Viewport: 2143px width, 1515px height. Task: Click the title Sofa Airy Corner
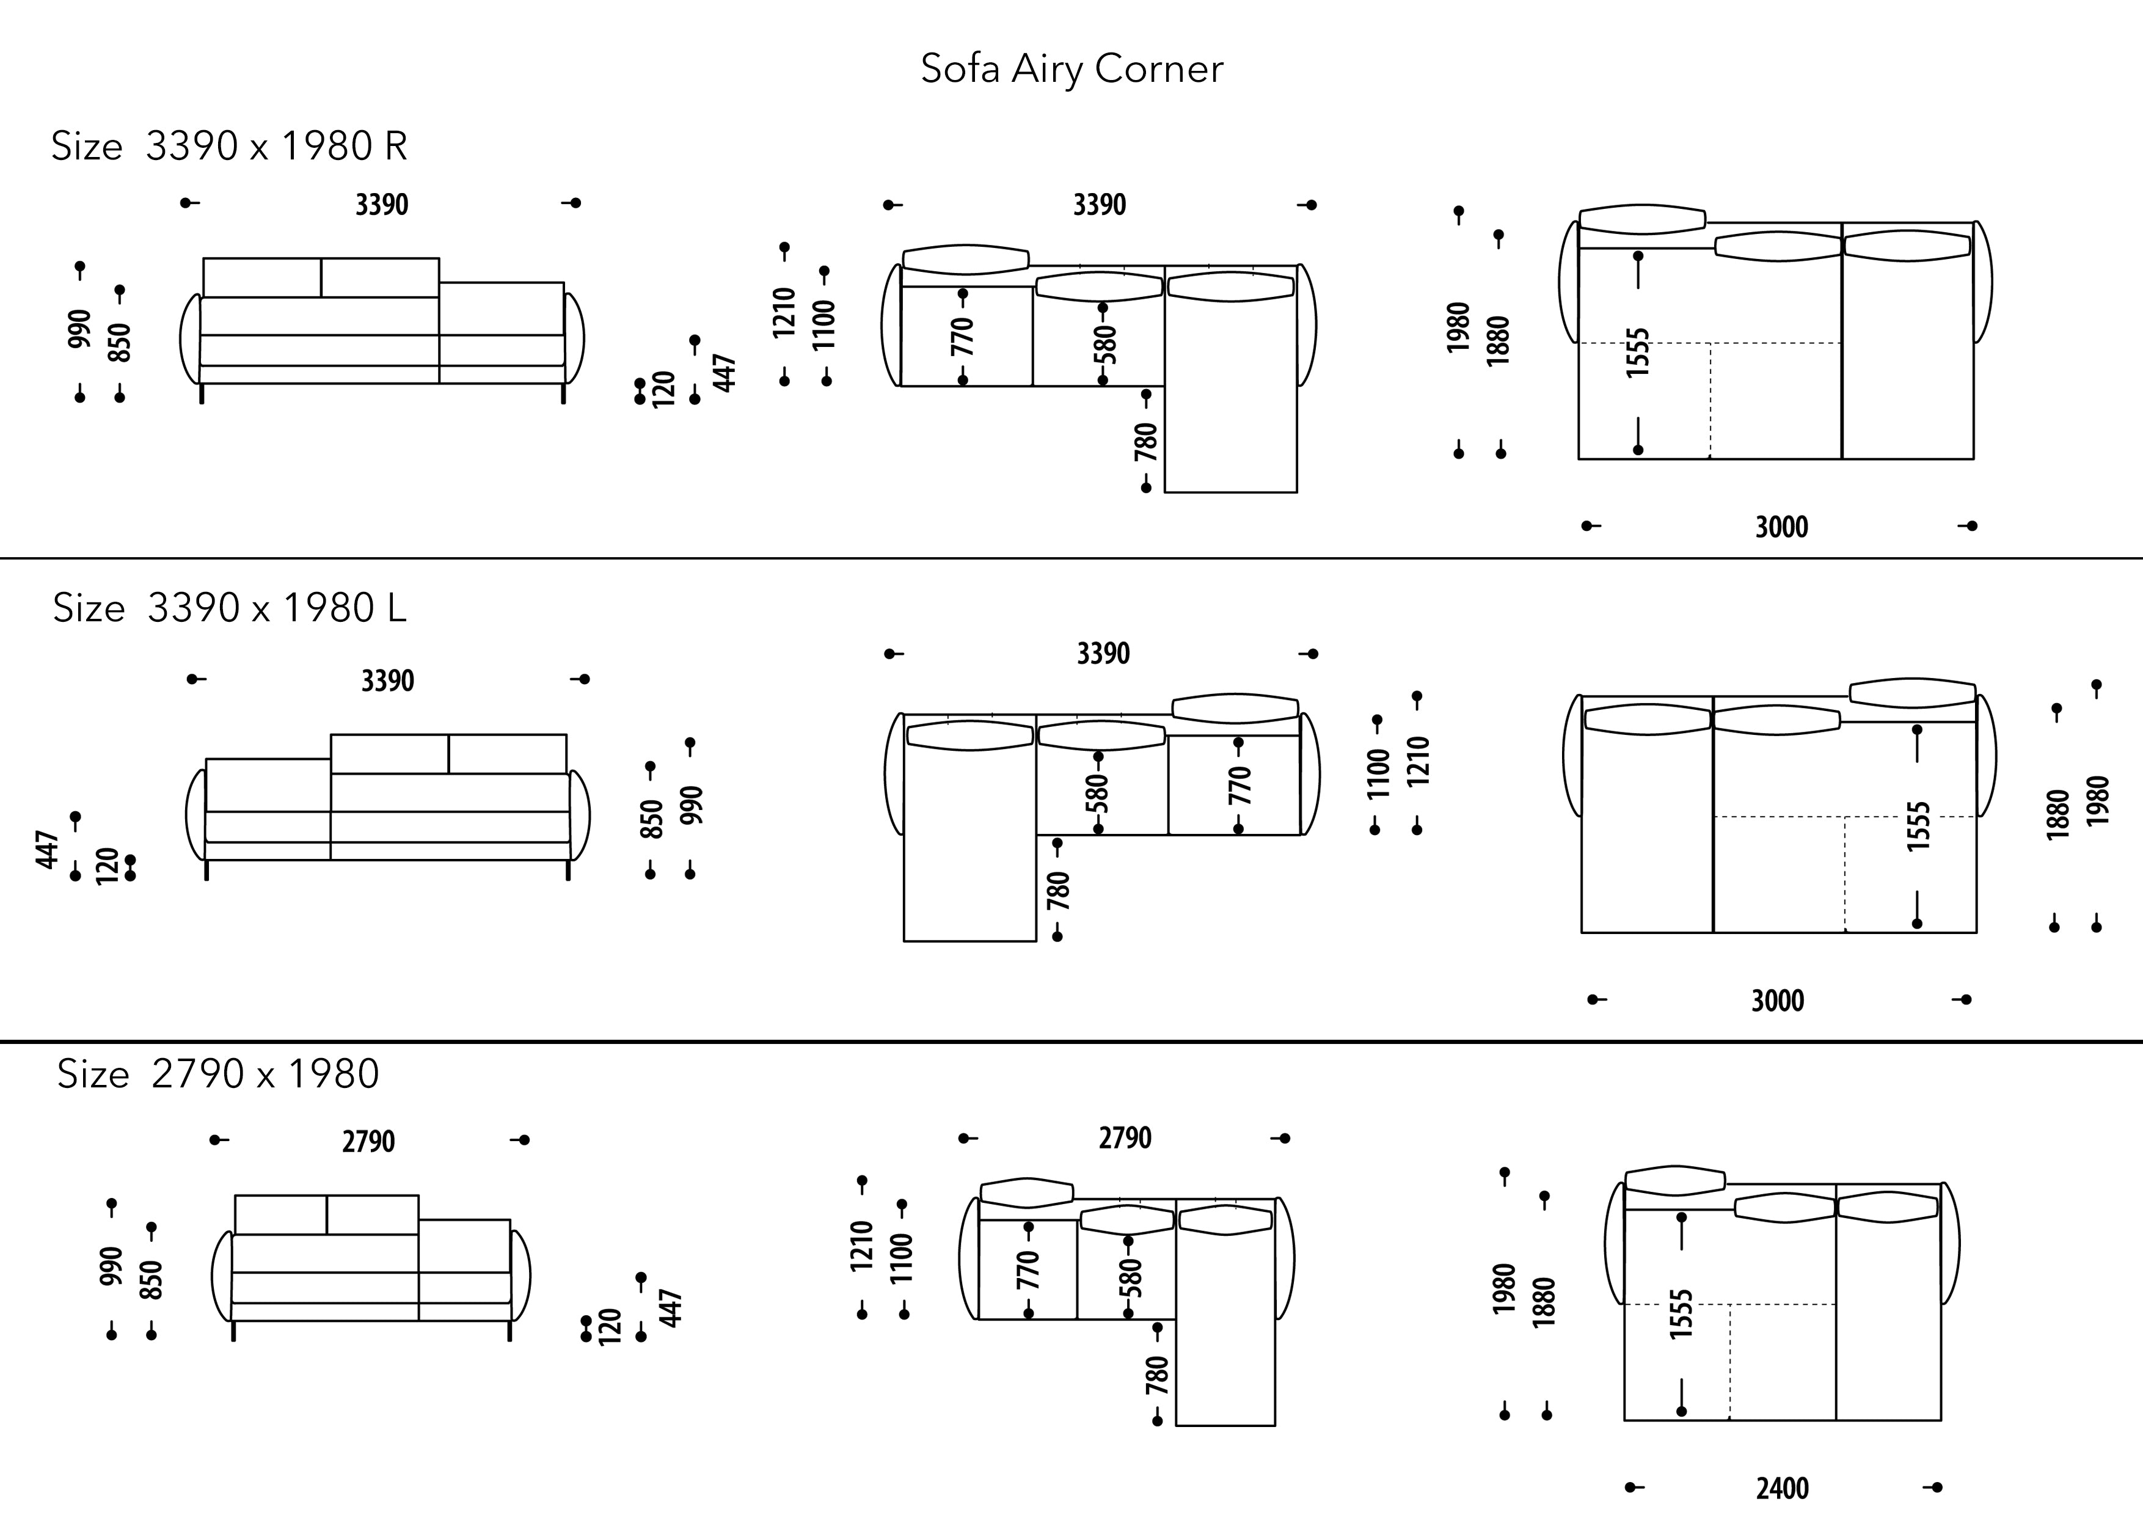click(x=1071, y=69)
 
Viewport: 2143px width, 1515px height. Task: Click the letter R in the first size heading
click(x=395, y=147)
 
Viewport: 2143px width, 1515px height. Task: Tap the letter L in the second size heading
click(x=396, y=608)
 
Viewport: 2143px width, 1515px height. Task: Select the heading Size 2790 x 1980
click(x=219, y=1075)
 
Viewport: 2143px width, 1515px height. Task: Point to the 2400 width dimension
click(x=1782, y=1488)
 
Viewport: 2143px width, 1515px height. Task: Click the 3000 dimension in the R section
click(x=1781, y=527)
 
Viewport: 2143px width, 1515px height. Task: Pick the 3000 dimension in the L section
click(x=1777, y=1001)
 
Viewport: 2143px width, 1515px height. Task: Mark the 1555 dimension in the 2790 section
click(x=1681, y=1314)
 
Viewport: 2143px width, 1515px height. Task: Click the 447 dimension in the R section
click(x=725, y=373)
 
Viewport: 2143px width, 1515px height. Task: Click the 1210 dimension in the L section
click(x=1418, y=762)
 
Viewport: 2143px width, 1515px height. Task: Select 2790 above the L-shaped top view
click(x=1125, y=1138)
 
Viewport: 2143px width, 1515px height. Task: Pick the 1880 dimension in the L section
click(x=2057, y=815)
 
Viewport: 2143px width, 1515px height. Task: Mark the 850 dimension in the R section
click(x=120, y=343)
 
